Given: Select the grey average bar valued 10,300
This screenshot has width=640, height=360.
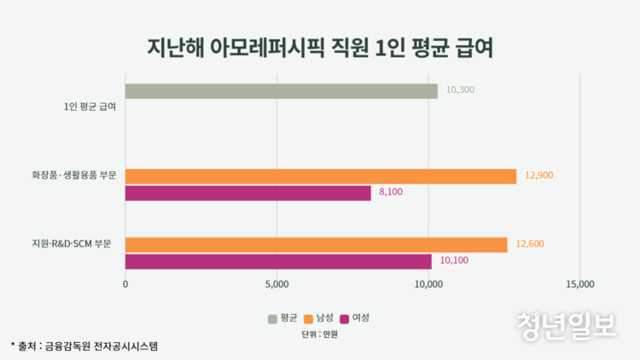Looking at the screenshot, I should [282, 91].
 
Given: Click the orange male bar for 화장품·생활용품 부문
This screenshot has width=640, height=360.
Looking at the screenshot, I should [321, 176].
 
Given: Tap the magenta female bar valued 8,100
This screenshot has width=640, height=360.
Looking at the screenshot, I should [248, 193].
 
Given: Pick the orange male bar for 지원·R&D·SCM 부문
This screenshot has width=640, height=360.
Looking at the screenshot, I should [317, 245].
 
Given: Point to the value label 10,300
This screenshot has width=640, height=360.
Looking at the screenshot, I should [460, 90].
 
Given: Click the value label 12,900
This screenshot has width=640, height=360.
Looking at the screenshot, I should [539, 176].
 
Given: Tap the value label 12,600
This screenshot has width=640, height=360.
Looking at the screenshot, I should [529, 245].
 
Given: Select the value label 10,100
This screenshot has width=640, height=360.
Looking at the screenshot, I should [456, 261].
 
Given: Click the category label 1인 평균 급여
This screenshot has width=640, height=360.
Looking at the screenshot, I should [90, 107].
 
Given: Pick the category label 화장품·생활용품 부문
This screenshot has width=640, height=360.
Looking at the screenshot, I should [73, 177].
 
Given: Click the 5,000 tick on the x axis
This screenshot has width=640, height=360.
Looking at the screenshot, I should [277, 284].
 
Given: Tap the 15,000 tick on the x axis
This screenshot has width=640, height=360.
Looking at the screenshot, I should [580, 284].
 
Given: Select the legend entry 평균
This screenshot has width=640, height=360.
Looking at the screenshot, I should [282, 318].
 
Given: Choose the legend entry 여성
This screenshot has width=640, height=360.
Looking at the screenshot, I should [354, 318].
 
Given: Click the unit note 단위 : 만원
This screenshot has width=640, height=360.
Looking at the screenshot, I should [320, 334].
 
